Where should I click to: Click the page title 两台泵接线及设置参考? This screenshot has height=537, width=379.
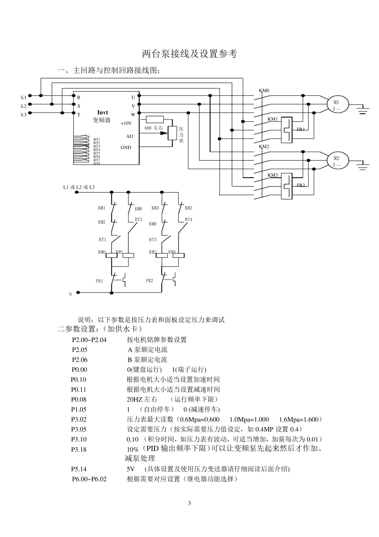point(189,54)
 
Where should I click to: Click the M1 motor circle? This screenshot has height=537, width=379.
point(338,105)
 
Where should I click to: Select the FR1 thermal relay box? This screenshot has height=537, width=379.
point(286,130)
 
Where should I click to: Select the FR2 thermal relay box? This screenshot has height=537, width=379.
point(286,186)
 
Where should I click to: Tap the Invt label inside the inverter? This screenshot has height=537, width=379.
point(103,113)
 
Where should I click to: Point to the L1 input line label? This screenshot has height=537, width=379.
point(24,97)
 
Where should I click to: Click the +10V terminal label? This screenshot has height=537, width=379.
point(126,123)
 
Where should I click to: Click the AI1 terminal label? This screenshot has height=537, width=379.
point(130,136)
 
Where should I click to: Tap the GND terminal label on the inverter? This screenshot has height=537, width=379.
point(126,147)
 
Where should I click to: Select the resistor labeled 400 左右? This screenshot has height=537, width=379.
point(154,119)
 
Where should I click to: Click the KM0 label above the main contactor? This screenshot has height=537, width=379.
point(264,91)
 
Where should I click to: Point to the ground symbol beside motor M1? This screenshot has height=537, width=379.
point(363,109)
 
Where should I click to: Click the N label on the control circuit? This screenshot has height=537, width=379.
point(71,294)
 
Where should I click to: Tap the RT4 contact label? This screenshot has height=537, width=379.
point(188,220)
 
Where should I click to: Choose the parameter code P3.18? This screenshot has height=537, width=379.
point(79,449)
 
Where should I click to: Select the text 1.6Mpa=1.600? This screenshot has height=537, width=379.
point(299,420)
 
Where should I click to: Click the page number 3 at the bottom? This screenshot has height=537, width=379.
point(189,503)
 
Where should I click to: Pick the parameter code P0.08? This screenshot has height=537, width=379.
point(79,400)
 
